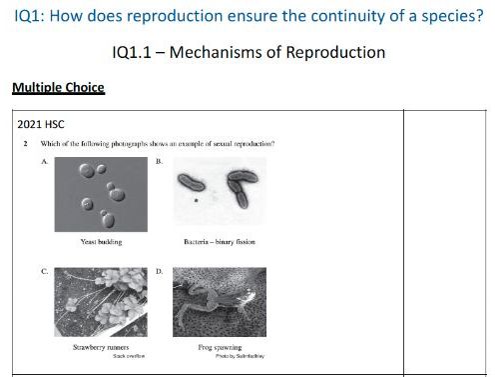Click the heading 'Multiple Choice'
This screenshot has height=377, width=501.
pyautogui.click(x=58, y=88)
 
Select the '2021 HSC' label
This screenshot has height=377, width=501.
pyautogui.click(x=42, y=125)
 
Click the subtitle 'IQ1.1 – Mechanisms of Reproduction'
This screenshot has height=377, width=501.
pyautogui.click(x=249, y=51)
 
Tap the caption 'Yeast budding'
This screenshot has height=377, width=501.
pyautogui.click(x=100, y=242)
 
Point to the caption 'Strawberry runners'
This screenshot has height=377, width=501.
pyautogui.click(x=100, y=347)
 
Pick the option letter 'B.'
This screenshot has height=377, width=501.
pyautogui.click(x=161, y=160)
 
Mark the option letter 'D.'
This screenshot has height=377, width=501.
pyautogui.click(x=161, y=269)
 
